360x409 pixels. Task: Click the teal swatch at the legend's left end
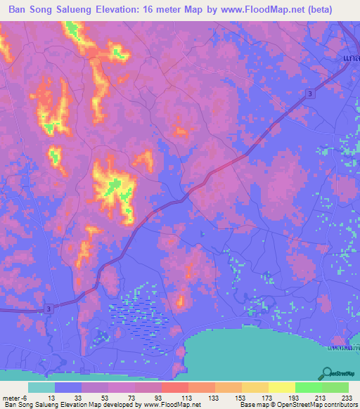pos(41,387)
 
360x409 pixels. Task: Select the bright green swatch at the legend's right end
pos(335,387)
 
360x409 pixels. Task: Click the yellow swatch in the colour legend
pos(281,387)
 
